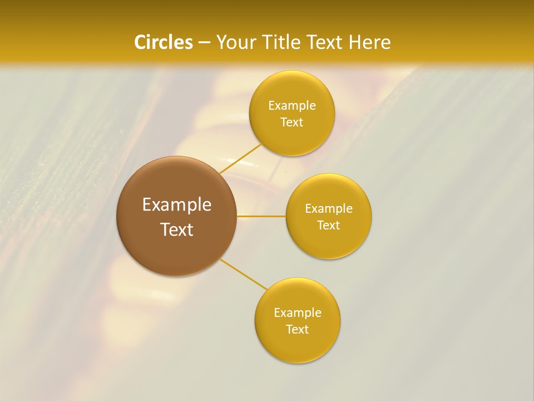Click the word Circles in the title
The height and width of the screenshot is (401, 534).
(x=163, y=42)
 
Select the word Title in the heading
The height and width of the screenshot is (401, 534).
(x=282, y=42)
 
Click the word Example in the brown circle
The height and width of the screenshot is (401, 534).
(x=177, y=205)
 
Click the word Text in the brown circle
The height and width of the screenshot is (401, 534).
(x=177, y=229)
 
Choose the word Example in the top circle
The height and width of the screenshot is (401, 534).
(x=292, y=106)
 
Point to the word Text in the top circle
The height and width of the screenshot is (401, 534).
(x=291, y=123)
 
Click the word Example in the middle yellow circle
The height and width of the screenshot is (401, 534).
(x=329, y=209)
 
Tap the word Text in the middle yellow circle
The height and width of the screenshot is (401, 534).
(x=328, y=226)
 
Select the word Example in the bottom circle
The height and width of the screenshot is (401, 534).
(x=298, y=313)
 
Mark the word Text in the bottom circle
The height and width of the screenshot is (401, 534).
(x=297, y=330)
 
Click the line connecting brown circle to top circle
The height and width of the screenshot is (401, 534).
(x=240, y=159)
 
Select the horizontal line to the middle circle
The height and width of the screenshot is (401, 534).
(x=261, y=216)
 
